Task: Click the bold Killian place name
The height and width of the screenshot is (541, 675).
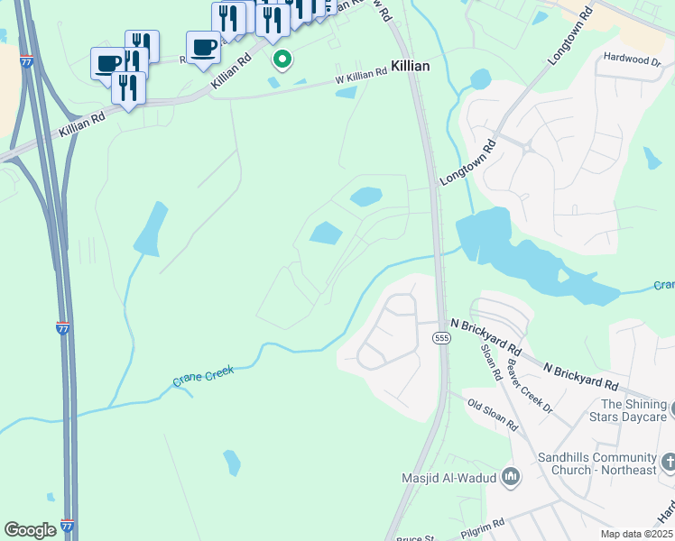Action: click(410, 67)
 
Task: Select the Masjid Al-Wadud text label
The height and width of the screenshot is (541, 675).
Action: click(450, 477)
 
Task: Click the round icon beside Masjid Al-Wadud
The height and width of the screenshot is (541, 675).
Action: click(511, 476)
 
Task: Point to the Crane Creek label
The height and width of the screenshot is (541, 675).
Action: click(203, 376)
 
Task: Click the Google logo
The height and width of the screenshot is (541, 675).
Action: click(30, 530)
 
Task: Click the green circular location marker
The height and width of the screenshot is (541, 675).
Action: click(282, 60)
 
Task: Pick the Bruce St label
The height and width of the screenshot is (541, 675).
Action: click(416, 537)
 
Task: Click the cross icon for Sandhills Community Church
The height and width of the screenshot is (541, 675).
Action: click(669, 463)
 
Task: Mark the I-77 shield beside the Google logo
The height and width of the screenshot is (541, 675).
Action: click(67, 526)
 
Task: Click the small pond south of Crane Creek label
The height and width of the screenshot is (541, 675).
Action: click(232, 463)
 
